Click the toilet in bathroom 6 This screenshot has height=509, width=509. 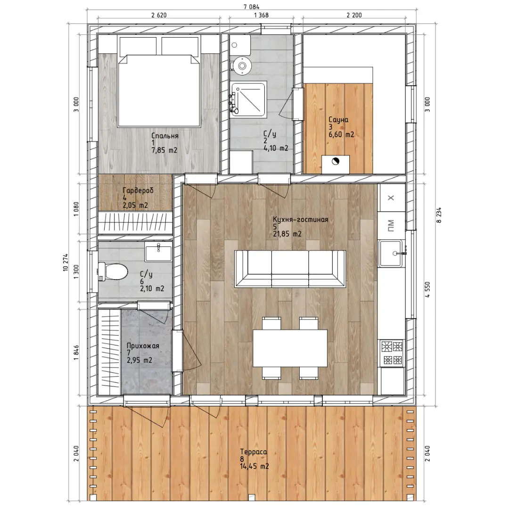click(113, 272)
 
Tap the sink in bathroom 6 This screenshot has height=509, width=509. click(158, 251)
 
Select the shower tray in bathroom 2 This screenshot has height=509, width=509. click(249, 99)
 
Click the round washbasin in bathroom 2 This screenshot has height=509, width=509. click(242, 65)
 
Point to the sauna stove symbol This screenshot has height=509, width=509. click(336, 164)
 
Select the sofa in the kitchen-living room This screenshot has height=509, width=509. click(290, 269)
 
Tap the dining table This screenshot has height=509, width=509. click(290, 348)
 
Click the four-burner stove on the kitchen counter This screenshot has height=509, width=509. click(392, 353)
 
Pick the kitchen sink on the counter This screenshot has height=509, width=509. click(392, 253)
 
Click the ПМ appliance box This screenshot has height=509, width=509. click(392, 225)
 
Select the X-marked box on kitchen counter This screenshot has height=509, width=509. click(392, 197)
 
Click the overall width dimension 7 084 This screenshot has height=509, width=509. click(252, 7)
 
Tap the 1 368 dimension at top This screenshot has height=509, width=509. click(261, 15)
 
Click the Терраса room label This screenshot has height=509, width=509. click(254, 452)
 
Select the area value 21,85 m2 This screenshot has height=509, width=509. click(287, 234)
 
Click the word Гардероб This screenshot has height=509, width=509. click(138, 190)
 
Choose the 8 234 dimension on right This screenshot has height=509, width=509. click(439, 215)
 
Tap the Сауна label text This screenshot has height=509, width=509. click(338, 120)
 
